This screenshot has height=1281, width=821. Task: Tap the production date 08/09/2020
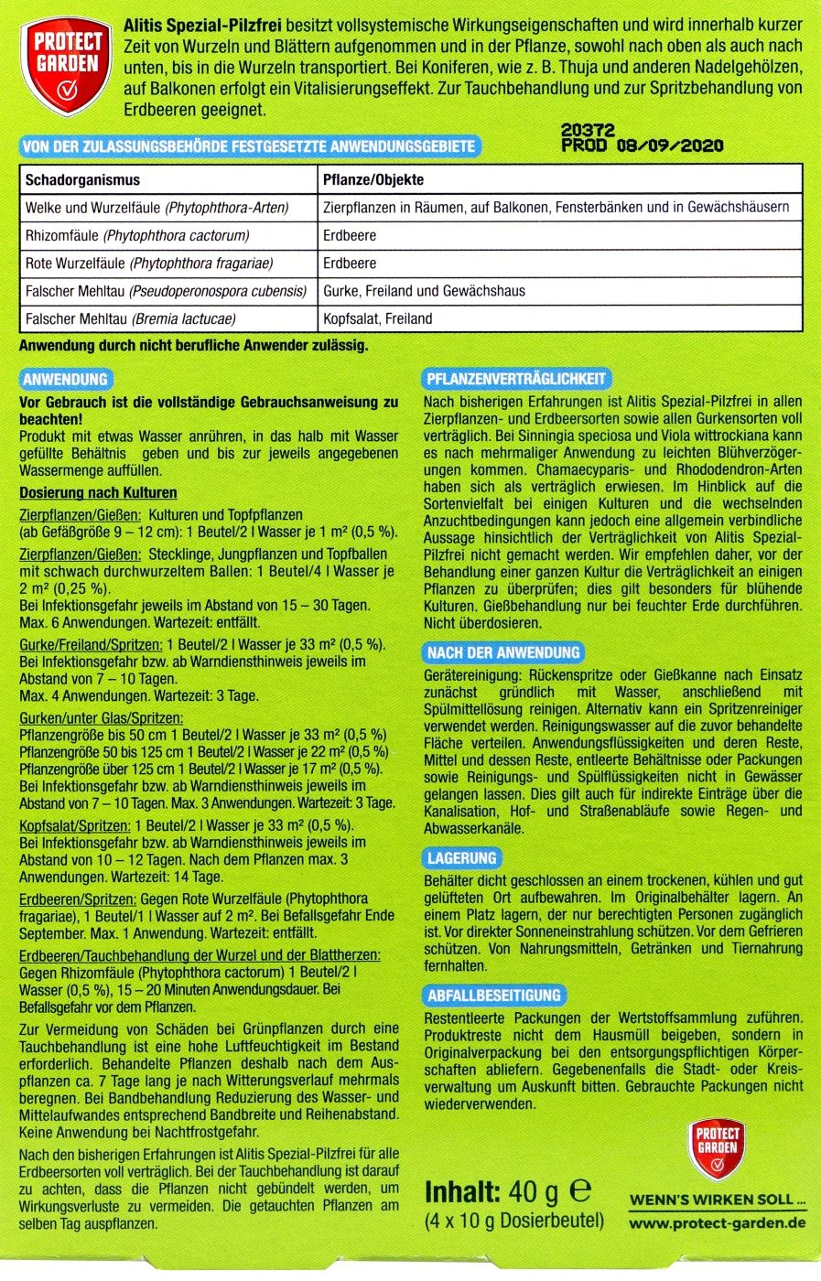point(670,145)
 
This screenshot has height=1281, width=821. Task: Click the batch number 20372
point(588,131)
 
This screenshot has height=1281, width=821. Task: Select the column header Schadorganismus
point(82,179)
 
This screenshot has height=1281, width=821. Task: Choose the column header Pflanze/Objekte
point(373,179)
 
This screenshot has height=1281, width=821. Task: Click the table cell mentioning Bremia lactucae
point(131,318)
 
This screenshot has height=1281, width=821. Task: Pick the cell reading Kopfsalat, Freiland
point(378,318)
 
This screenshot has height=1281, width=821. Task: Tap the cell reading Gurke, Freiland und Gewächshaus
point(424,291)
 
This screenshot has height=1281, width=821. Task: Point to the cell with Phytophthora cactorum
point(137,235)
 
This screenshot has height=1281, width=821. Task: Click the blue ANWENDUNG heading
point(65,379)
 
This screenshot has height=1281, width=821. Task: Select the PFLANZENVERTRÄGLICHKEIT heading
point(516,379)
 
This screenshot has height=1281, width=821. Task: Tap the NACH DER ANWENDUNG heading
point(503,652)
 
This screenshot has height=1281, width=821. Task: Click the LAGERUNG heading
point(462,858)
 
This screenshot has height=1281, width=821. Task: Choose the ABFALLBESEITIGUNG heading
point(494,996)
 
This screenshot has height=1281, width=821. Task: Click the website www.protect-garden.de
point(718,1222)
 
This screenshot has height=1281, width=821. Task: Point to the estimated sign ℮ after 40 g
point(580,1191)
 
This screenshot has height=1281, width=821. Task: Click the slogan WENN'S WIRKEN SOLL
point(718,1200)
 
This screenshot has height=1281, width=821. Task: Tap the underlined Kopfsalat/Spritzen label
point(75,825)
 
